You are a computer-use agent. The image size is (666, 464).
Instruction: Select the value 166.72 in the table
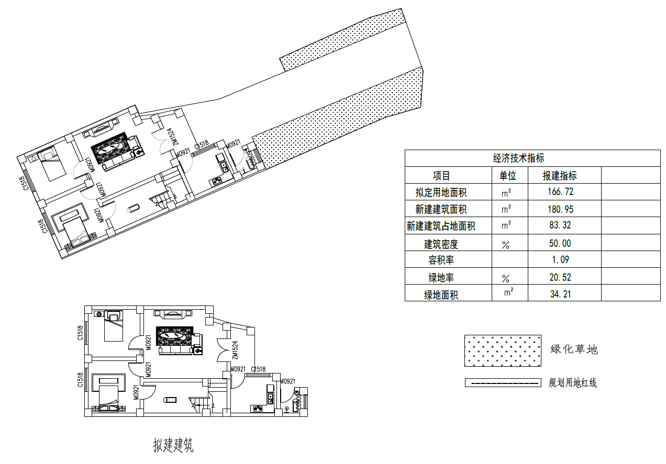[560, 192]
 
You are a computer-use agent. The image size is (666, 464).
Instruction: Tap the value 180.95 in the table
[560, 209]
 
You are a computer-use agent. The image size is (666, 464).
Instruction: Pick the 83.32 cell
[560, 226]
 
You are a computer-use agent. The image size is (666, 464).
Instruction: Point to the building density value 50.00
[560, 243]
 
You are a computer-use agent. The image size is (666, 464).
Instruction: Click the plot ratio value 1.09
[560, 260]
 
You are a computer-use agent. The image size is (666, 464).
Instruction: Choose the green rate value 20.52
[560, 277]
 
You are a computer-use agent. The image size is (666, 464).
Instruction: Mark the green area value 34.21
[560, 294]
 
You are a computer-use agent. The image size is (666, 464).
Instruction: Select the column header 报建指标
[560, 176]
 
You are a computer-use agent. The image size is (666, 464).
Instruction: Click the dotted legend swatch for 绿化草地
[503, 351]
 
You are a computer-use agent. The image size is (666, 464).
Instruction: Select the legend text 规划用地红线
[572, 383]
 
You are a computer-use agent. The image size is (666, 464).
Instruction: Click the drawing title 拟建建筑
[173, 446]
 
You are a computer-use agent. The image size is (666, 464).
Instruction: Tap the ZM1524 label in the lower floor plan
[235, 350]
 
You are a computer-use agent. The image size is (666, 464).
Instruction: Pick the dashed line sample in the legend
[503, 383]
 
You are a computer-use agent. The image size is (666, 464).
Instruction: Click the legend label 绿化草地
[574, 349]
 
